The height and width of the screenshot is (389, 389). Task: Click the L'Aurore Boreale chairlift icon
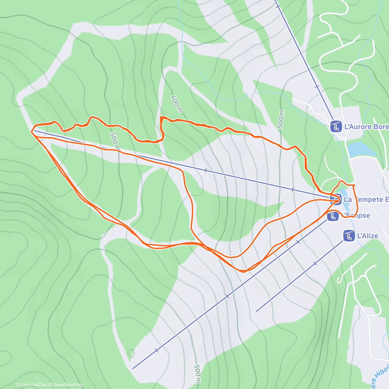(x=336, y=126)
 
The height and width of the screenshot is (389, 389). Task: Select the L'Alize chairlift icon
(x=349, y=236)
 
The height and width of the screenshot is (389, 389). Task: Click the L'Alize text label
(x=368, y=236)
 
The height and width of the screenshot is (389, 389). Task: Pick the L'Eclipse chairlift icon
(x=333, y=216)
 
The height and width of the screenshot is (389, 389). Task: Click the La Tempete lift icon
(x=336, y=198)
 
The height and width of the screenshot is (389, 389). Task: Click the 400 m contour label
(x=177, y=104)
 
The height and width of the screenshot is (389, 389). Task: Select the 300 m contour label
(x=281, y=120)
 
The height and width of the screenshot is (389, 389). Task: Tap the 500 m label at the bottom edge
(x=197, y=374)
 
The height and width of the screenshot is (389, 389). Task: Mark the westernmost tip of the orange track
(x=31, y=131)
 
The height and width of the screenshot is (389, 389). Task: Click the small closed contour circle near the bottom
(x=131, y=353)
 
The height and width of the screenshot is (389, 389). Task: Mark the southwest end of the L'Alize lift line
(x=256, y=312)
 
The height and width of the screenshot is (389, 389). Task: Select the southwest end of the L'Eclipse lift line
(x=133, y=368)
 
